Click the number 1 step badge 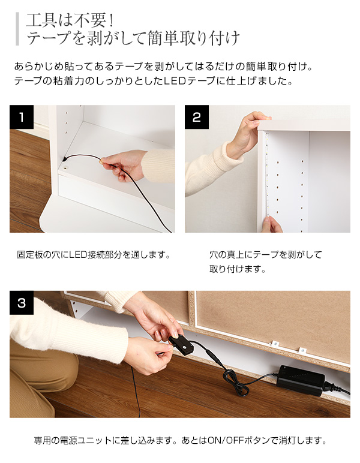pos(22,117)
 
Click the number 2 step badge pos(197,117)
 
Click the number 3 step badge pos(22,303)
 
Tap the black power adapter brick pos(301,380)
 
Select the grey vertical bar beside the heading pos(17,29)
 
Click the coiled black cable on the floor pos(235,383)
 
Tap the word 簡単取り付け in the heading pos(193,38)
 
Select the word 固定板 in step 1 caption pos(29,254)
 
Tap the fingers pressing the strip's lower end pos(272,224)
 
